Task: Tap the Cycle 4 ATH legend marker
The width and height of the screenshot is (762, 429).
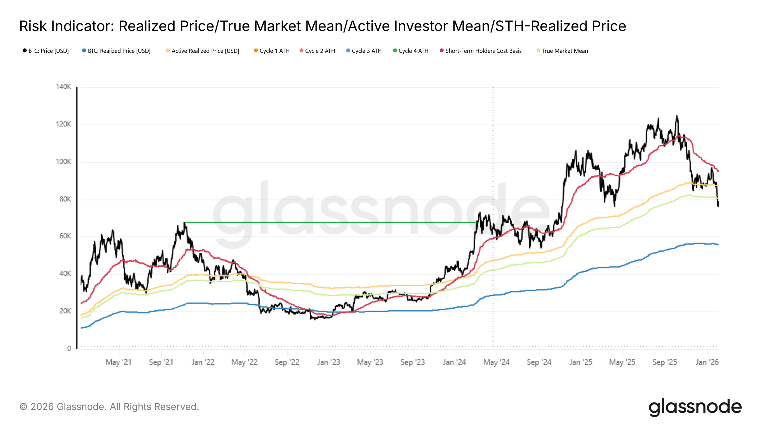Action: coord(395,51)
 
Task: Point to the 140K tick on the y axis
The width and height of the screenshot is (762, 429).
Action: coord(63,87)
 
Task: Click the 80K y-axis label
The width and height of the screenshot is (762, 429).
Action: coord(65,199)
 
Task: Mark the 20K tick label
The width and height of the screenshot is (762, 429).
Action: coord(65,311)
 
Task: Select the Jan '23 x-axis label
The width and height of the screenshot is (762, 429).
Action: coord(329,362)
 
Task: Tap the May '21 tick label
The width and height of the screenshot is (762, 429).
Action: coord(118,362)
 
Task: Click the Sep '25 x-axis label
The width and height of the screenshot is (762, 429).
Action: coord(665,362)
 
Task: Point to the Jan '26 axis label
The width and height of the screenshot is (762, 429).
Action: coord(707,362)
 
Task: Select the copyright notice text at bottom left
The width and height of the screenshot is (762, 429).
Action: coord(109,407)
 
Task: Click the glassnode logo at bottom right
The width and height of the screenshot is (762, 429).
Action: coord(695,407)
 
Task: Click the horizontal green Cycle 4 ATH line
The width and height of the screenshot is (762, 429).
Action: coord(330,222)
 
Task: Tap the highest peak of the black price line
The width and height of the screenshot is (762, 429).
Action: coord(677,116)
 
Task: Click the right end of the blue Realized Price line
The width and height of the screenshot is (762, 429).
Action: coord(718,245)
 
